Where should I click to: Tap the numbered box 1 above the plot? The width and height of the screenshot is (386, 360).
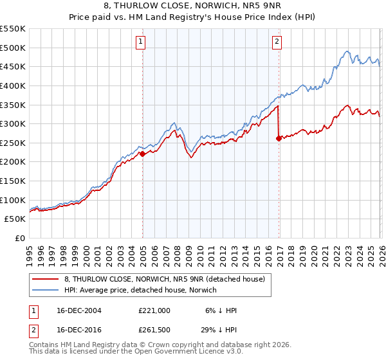[141, 42]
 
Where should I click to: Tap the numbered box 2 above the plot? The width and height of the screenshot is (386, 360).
[277, 42]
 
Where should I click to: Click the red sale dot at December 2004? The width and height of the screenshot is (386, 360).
[142, 154]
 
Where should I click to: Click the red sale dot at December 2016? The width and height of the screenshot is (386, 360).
[278, 138]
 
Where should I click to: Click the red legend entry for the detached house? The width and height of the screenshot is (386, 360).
[163, 278]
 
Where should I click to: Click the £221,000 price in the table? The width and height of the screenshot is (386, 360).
[154, 310]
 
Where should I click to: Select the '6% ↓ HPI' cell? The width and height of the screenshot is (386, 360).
[220, 310]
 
